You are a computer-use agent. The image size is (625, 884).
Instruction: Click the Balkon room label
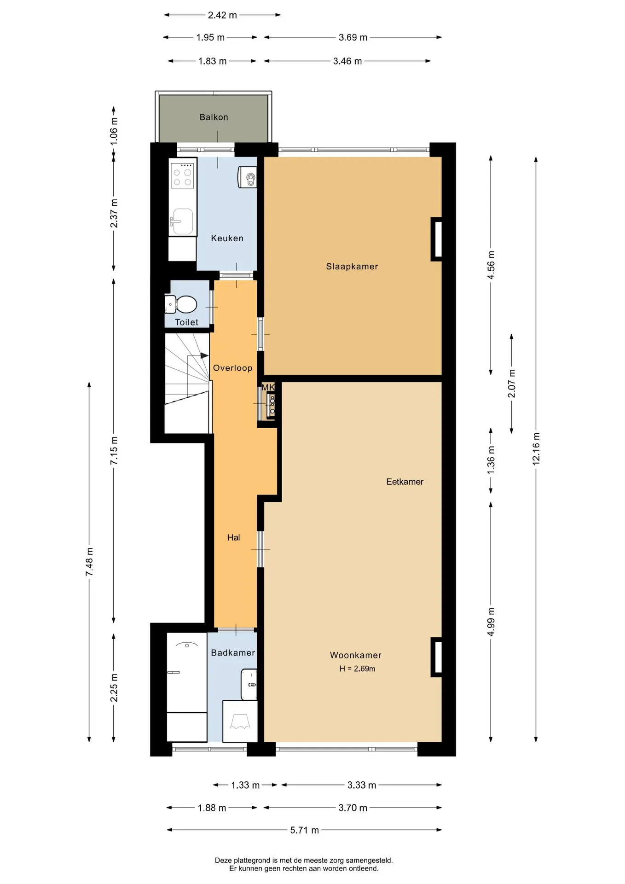(214, 117)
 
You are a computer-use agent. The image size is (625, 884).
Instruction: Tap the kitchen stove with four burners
(182, 175)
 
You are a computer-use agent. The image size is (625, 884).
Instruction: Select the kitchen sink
(182, 221)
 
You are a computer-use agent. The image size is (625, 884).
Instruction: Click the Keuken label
(227, 238)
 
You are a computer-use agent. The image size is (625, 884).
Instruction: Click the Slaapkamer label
(352, 266)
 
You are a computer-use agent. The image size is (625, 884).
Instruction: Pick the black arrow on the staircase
(204, 355)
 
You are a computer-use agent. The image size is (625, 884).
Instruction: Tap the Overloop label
(232, 368)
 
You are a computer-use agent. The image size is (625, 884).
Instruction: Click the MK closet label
(268, 387)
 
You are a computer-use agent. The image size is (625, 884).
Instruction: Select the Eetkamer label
(405, 482)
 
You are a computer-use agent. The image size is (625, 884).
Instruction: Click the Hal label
(233, 537)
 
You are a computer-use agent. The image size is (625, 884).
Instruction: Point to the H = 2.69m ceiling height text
(357, 669)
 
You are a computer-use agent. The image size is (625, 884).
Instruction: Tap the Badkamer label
(233, 652)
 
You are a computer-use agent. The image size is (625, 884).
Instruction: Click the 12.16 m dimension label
(536, 449)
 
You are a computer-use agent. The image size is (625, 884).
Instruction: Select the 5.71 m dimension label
(304, 830)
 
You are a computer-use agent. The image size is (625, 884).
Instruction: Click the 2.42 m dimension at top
(222, 15)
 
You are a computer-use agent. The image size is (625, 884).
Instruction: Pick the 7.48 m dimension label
(89, 562)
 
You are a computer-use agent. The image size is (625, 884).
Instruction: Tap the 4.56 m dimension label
(491, 265)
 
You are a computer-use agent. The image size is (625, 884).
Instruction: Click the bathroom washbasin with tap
(249, 685)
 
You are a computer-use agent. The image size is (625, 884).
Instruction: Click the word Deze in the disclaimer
(223, 860)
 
